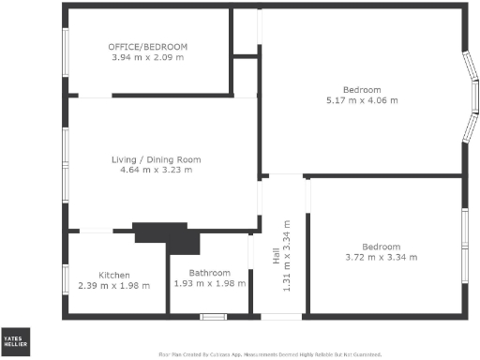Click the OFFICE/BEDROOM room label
click(x=147, y=47)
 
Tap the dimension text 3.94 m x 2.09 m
click(x=147, y=58)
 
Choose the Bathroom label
click(x=209, y=274)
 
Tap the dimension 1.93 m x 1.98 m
click(x=209, y=285)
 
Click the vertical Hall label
click(x=277, y=256)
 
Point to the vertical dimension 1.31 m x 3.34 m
click(x=288, y=256)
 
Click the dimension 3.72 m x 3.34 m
click(x=381, y=257)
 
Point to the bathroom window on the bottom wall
click(x=214, y=317)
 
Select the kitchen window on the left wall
click(x=65, y=279)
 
